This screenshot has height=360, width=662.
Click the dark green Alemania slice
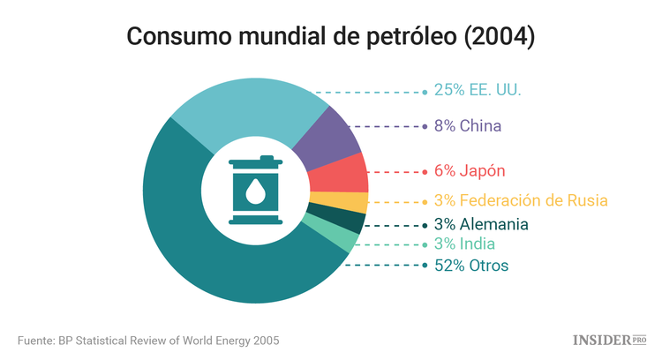[x=336, y=220]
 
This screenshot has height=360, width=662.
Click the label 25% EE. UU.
[x=478, y=90]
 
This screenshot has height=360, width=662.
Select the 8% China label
[x=467, y=126]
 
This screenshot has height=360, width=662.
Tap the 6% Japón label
[x=469, y=170]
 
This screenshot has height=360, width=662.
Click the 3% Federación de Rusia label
[x=521, y=200]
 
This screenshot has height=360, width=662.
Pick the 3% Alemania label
[x=481, y=224]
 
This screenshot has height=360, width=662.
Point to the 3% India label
[x=464, y=244]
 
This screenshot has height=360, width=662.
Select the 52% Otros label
[x=471, y=265]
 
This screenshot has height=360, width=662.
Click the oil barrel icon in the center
[x=255, y=190]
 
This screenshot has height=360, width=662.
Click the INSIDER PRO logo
[x=610, y=339]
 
